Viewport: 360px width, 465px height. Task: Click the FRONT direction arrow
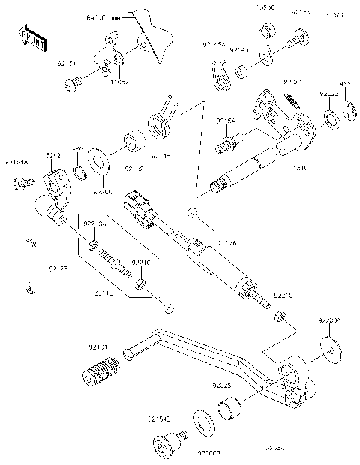coord(28,36)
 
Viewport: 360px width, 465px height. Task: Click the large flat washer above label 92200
coord(96,161)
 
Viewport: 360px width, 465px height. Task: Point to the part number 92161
coord(99,346)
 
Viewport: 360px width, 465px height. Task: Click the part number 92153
coord(301,13)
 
